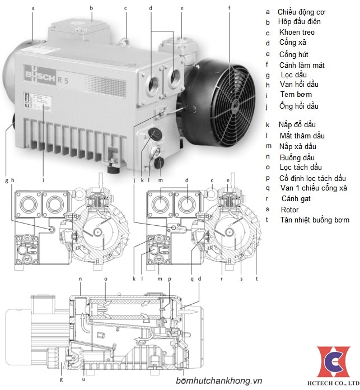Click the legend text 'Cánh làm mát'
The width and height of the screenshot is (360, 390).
pos(302,65)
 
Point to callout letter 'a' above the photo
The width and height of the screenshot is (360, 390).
pos(33,8)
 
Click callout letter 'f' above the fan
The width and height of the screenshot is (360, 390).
pos(229,8)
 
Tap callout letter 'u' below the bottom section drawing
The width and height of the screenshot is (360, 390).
pos(83,379)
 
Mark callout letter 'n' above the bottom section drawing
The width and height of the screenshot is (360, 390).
pos(80,278)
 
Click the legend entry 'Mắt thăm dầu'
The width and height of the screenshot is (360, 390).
pos(302,136)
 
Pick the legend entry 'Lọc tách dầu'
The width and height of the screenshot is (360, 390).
pos(301,167)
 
